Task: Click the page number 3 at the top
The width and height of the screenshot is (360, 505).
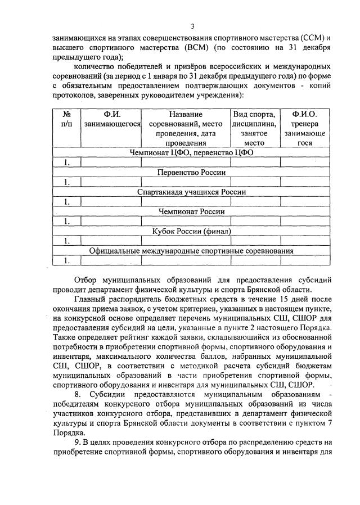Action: [192, 26]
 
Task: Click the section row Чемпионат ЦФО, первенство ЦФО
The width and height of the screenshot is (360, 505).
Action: [191, 152]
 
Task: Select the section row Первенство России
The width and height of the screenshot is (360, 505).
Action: [191, 172]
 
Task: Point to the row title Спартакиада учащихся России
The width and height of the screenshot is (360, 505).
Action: [191, 192]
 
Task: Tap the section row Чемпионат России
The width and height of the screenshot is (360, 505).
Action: [191, 211]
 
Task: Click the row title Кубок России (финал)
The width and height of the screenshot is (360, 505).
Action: [191, 231]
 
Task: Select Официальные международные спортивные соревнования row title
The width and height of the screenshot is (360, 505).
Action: [191, 251]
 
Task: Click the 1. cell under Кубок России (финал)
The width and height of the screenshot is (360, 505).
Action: [67, 241]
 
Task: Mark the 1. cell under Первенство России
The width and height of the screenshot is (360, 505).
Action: [67, 182]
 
